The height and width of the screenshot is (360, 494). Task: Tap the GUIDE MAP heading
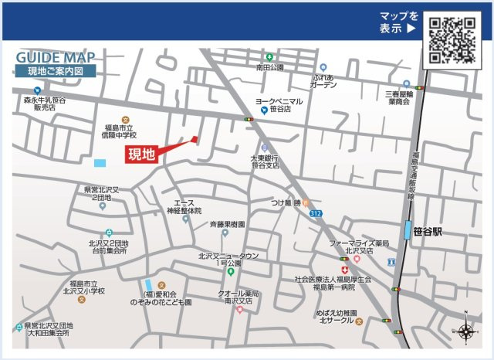tap(55, 58)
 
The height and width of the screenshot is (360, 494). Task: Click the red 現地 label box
tap(141, 154)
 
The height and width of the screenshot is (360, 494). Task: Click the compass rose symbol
tap(467, 331)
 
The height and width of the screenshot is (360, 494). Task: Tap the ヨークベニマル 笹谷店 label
tap(279, 105)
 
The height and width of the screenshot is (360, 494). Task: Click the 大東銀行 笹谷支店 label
tap(264, 162)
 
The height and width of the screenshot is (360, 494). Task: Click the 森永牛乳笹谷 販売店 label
tap(44, 104)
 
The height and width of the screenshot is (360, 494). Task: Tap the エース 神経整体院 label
tap(184, 206)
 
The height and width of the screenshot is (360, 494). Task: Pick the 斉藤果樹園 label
tap(227, 224)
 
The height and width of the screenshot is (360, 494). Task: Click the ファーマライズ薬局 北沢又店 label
tap(358, 246)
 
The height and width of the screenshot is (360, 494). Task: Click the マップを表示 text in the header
tap(398, 22)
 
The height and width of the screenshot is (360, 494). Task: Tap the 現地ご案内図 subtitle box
tap(56, 71)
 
